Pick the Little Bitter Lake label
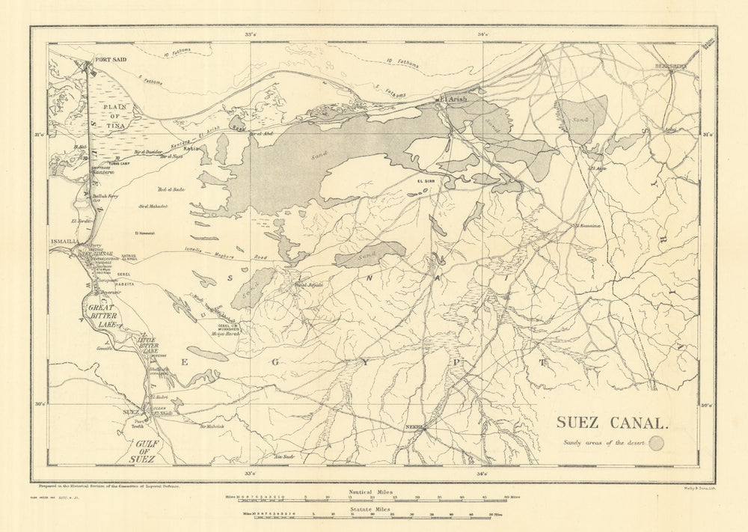(x=147, y=345)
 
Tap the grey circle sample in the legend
(x=657, y=444)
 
